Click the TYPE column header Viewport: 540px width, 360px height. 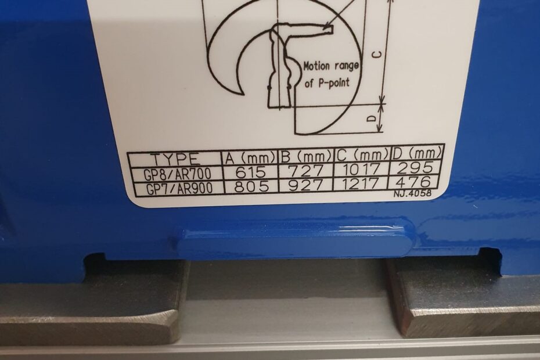coord(175,160)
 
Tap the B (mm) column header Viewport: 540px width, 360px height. coord(306,157)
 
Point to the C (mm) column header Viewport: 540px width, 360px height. coord(362,156)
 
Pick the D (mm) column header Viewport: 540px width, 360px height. coord(417,154)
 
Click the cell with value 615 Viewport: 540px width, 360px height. coord(250,172)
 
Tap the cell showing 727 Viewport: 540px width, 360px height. coord(306,171)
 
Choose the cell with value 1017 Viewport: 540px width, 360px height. coord(362,169)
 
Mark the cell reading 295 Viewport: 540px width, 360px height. coord(417,167)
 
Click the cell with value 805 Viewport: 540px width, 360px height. coord(251,186)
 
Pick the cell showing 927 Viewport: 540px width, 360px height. coord(306,185)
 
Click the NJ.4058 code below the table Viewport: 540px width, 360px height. coord(412,193)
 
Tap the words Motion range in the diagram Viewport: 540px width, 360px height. coord(331,66)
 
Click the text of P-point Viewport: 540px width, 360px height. coord(327,82)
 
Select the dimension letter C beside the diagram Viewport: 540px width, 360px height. coord(377,55)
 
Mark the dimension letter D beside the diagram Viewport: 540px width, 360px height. coord(371,118)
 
